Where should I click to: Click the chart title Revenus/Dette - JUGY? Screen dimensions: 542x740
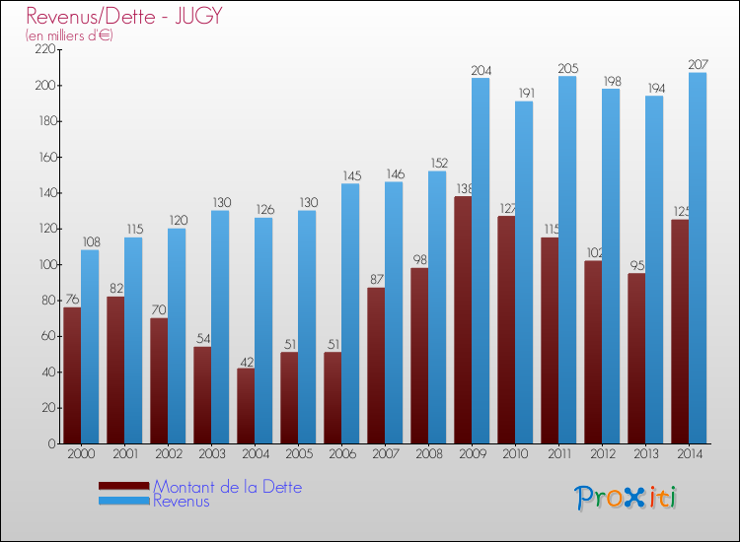[124, 16]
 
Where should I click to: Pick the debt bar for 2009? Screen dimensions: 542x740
[463, 320]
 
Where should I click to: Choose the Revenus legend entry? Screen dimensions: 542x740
[182, 501]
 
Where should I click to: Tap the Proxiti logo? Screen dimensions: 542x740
[626, 498]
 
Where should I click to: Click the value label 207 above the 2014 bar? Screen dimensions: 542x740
[698, 65]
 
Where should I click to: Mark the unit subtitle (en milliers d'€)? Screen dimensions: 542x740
[69, 35]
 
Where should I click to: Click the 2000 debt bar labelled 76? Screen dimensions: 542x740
[72, 375]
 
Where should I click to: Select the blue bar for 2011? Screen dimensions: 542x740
[567, 260]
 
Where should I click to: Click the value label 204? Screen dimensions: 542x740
[481, 70]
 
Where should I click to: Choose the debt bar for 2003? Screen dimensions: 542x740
[202, 395]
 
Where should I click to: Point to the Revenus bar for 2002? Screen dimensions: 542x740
[177, 336]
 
